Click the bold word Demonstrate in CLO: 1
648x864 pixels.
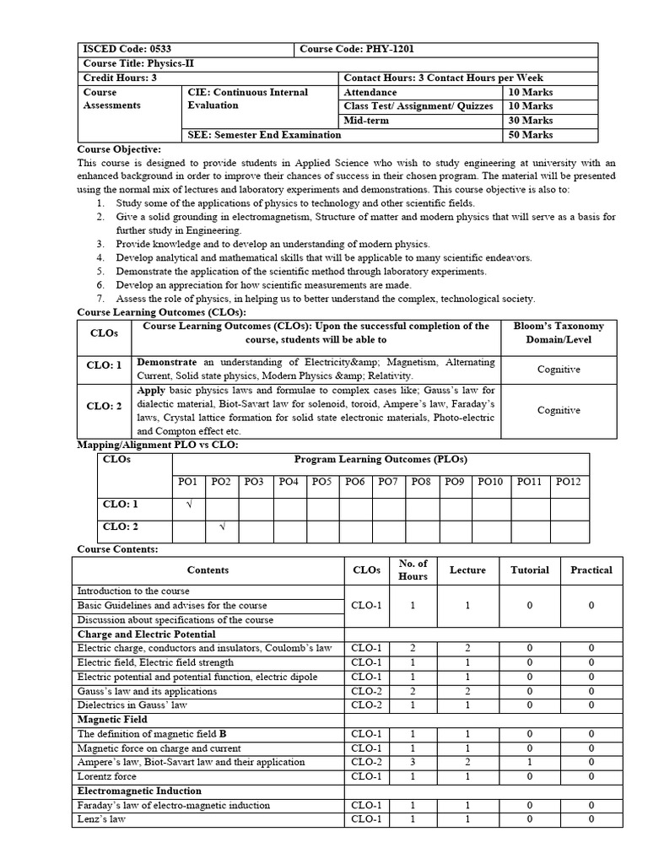[x=168, y=361]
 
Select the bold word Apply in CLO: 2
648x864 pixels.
[x=151, y=390]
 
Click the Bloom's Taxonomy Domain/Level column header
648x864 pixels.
[x=558, y=332]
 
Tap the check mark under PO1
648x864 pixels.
[x=188, y=505]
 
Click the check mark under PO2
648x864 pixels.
[x=222, y=527]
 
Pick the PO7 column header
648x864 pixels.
[x=388, y=482]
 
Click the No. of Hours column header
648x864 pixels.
[x=413, y=570]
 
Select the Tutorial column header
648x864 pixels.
[x=529, y=570]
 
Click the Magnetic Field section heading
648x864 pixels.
[x=112, y=720]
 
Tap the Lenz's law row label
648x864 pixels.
[x=101, y=819]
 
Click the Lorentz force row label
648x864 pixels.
[x=106, y=776]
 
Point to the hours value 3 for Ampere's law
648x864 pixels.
[x=413, y=762]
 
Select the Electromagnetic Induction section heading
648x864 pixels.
[x=139, y=791]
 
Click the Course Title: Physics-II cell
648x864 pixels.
[x=131, y=64]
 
